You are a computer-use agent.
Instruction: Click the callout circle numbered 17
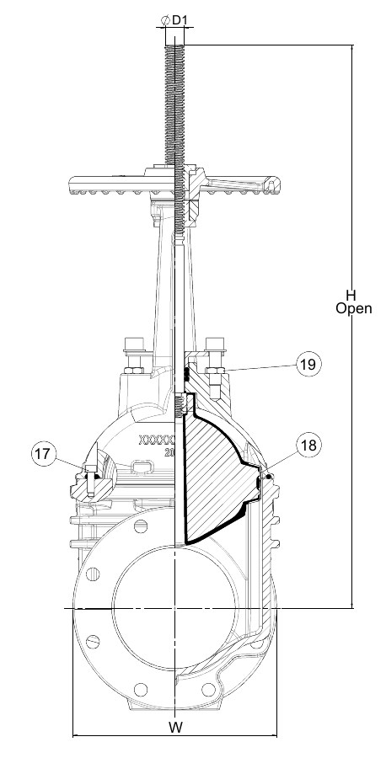[43, 454]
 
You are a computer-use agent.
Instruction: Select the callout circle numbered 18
[308, 446]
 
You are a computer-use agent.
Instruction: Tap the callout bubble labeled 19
[308, 364]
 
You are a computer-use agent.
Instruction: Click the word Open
[354, 308]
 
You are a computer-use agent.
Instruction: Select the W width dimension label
[176, 726]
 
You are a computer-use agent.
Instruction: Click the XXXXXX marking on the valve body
[156, 440]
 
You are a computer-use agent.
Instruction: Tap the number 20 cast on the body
[169, 453]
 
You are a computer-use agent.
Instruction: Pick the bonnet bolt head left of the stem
[132, 344]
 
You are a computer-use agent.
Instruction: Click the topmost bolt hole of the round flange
[141, 526]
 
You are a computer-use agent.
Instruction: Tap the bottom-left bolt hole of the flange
[140, 689]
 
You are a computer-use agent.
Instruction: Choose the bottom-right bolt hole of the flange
[208, 689]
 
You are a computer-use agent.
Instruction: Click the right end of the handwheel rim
[276, 184]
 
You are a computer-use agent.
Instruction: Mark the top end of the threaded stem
[174, 45]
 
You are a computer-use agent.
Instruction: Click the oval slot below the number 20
[142, 467]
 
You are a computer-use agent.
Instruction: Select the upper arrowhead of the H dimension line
[352, 48]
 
